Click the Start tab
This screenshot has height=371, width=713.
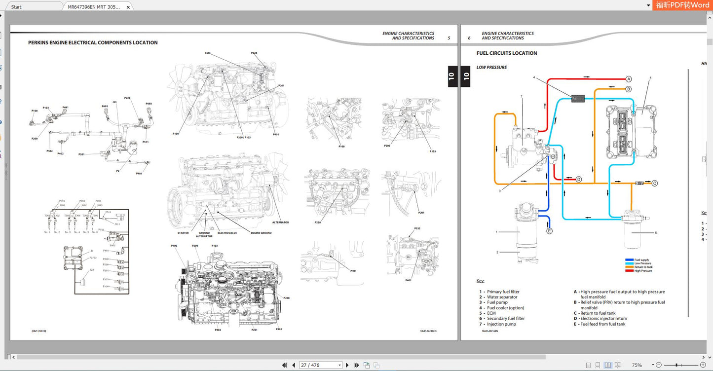16,7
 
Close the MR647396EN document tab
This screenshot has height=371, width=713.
128,7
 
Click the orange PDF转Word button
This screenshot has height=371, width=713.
682,5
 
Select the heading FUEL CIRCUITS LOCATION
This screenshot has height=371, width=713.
507,53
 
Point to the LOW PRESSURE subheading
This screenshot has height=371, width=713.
491,68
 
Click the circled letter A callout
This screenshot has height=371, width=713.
629,79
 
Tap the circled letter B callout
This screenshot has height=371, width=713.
629,89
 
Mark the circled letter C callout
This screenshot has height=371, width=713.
655,183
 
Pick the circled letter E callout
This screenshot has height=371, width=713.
549,230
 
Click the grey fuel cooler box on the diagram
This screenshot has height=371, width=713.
578,98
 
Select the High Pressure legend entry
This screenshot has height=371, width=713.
642,271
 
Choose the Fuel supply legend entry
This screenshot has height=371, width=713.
641,260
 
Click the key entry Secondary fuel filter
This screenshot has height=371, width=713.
506,319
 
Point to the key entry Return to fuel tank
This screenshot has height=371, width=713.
598,313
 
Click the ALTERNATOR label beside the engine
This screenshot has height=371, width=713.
280,223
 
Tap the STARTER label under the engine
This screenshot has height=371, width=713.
183,233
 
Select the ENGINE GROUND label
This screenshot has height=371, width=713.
261,233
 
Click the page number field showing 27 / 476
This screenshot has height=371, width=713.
320,365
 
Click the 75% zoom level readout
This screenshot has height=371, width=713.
637,365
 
